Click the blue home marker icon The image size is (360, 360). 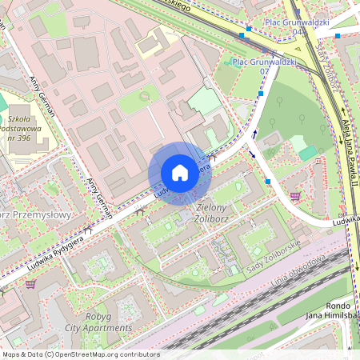[179, 173]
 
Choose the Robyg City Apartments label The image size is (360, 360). [98, 322]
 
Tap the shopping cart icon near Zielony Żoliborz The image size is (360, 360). [296, 195]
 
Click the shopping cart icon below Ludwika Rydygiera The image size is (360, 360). [30, 283]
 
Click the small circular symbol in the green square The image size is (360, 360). [145, 96]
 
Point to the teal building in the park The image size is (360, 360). [308, 152]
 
